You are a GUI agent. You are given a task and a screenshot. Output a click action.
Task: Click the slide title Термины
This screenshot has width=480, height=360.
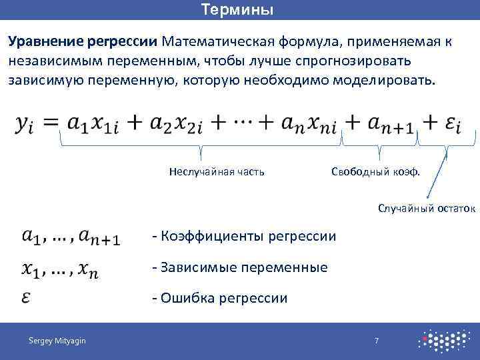237,10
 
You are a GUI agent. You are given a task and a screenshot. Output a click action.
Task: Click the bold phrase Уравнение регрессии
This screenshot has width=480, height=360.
83,41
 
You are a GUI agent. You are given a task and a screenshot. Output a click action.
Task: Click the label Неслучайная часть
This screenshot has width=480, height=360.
217,172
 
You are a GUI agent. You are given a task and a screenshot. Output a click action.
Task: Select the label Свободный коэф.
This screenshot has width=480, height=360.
376,172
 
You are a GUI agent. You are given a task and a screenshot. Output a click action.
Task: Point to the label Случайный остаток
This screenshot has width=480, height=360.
427,209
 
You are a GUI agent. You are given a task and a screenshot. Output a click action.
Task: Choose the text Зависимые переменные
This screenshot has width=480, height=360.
240,267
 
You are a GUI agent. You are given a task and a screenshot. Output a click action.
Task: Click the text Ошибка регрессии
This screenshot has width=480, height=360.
220,298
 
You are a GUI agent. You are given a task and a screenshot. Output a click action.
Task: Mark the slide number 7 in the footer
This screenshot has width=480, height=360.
377,341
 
